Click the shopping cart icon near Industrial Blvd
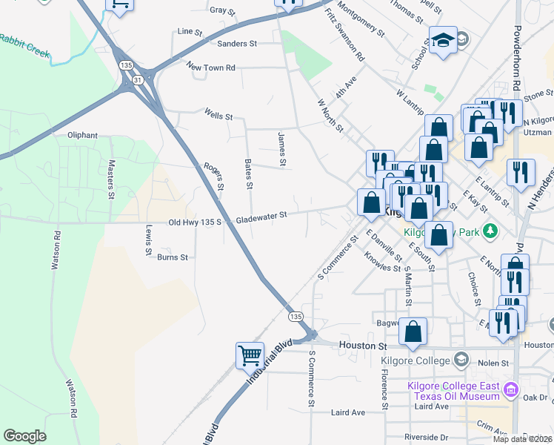(250, 355)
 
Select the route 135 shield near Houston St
(296, 317)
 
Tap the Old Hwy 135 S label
(196, 222)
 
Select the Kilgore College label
(415, 361)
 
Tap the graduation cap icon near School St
(443, 40)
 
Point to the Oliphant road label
(82, 135)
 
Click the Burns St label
(173, 257)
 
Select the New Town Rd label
(211, 67)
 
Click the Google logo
(24, 436)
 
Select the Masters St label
(112, 179)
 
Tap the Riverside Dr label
(427, 437)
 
